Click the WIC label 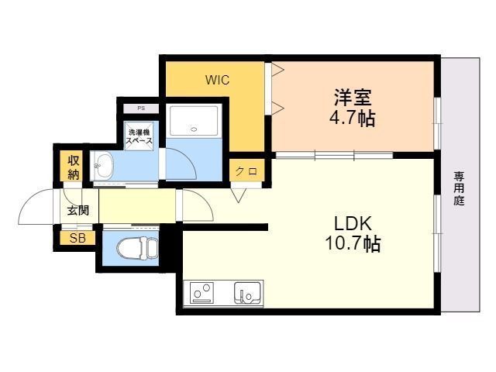217,79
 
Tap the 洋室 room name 353,98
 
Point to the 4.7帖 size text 353,119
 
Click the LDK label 353,223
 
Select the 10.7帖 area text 353,244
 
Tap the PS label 140,108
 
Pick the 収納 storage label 74,167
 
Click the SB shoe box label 77,238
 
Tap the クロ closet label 246,171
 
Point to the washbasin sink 103,164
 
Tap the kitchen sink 248,294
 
